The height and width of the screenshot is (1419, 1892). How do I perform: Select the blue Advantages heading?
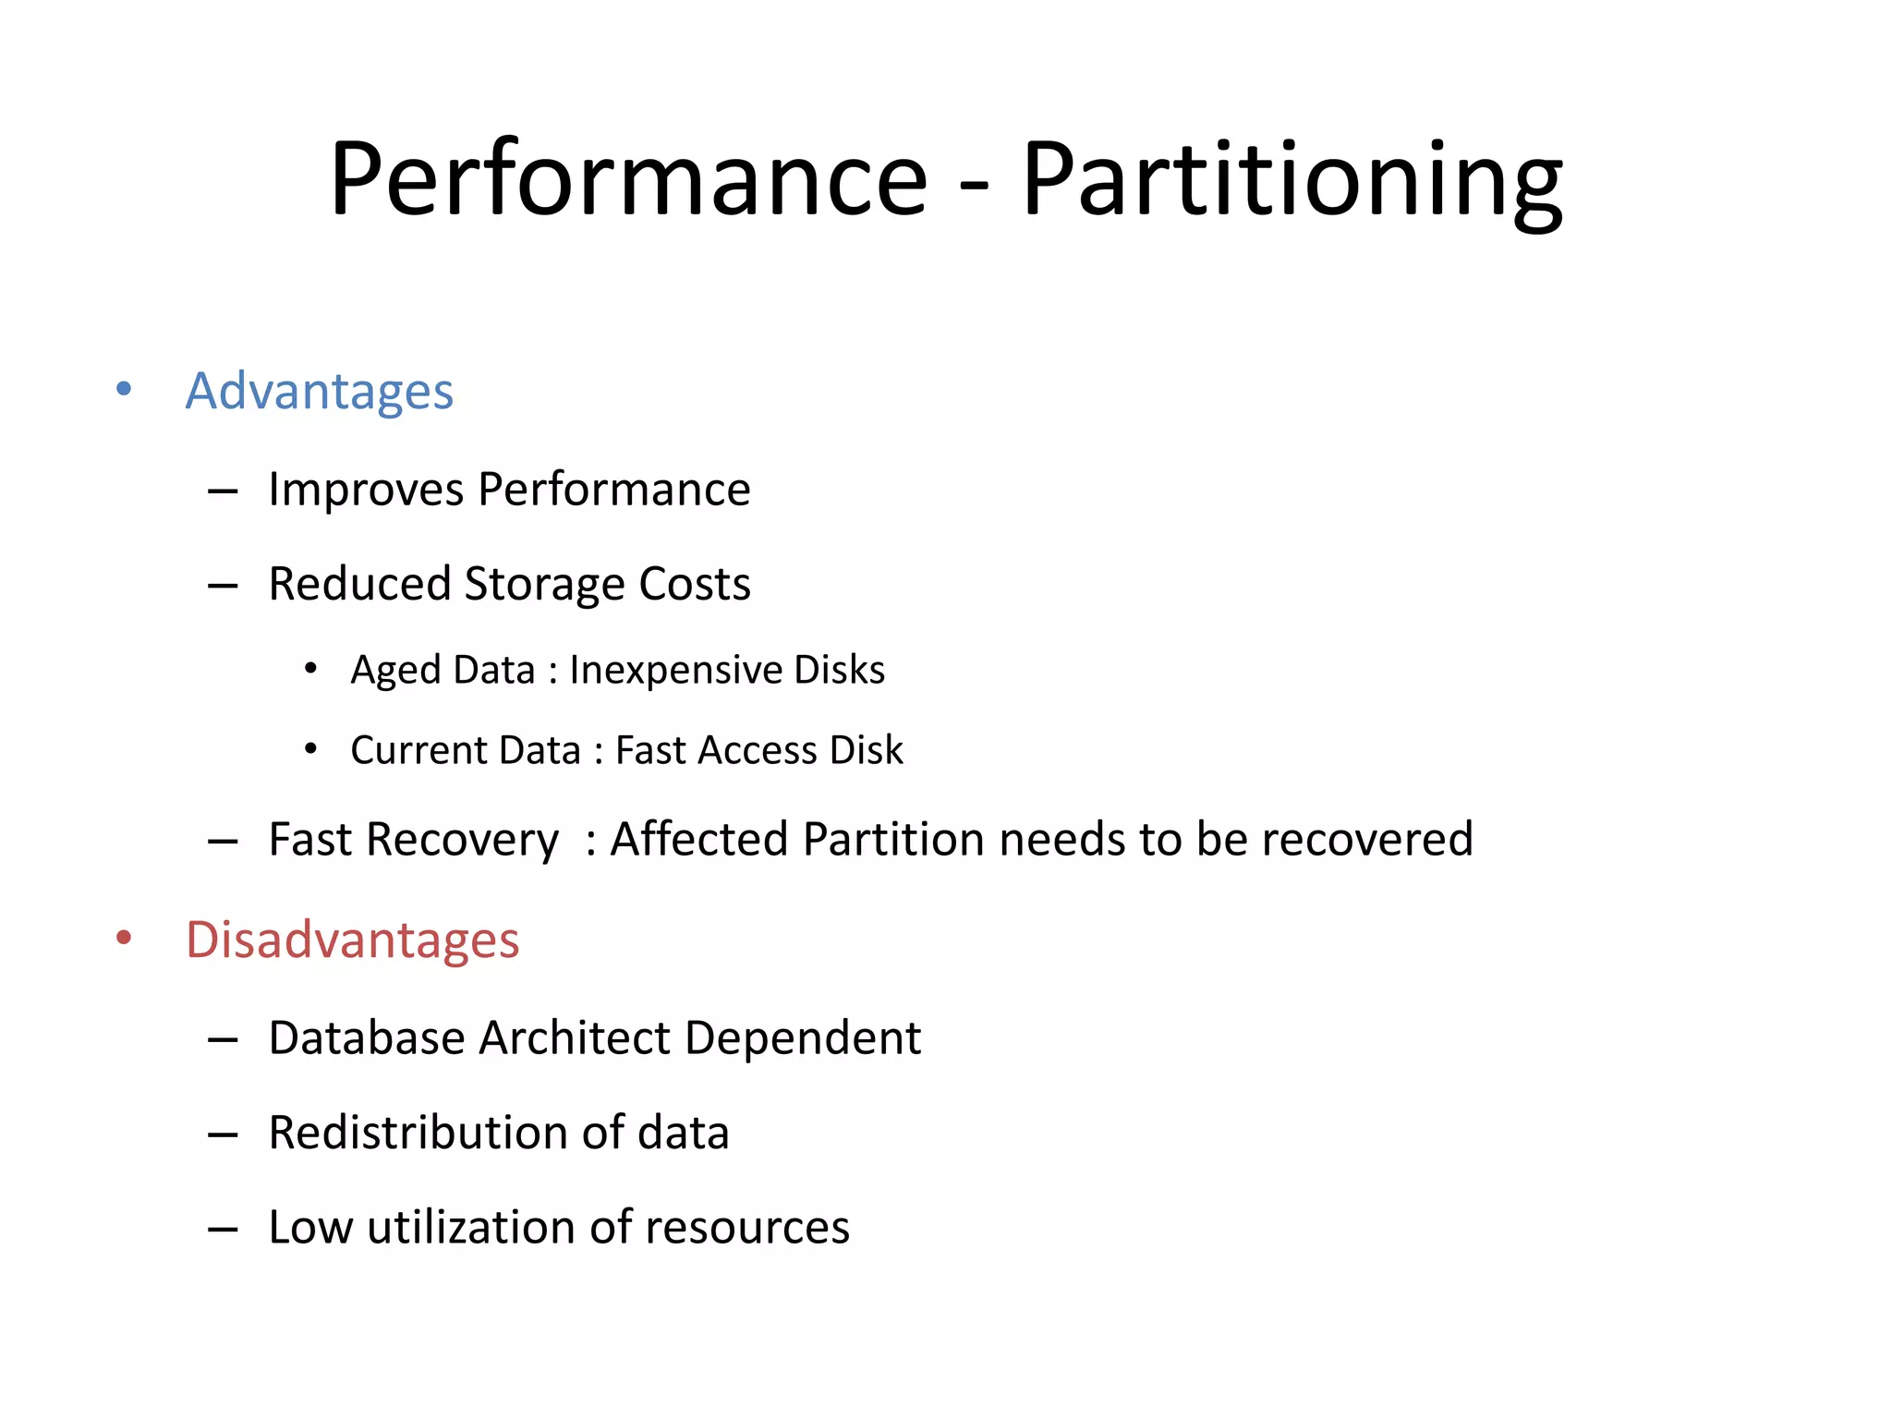[319, 392]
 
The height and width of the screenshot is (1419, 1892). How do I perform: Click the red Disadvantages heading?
[352, 940]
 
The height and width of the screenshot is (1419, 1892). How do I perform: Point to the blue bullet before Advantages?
[124, 389]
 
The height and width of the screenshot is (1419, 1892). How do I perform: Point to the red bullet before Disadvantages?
[124, 939]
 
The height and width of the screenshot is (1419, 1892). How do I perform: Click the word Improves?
[366, 490]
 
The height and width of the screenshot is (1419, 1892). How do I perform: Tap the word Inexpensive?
[675, 671]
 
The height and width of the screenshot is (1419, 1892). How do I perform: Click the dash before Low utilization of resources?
[224, 1230]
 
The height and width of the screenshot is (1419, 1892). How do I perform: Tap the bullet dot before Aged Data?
[311, 668]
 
